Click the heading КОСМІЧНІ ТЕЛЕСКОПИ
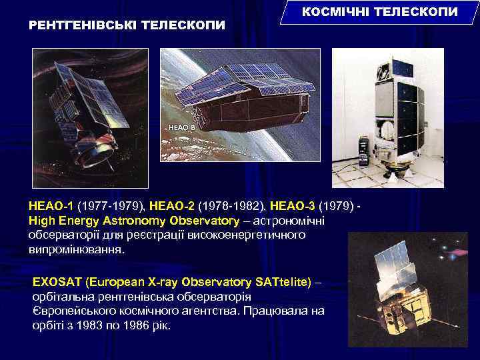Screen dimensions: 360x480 (x=381, y=12)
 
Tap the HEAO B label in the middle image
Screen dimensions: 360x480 (x=182, y=125)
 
